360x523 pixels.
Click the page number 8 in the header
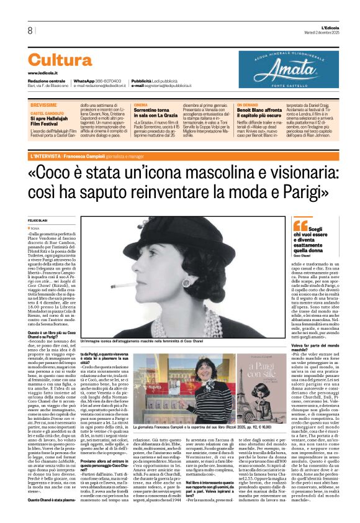[x=29, y=30]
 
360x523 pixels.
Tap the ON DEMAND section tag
[x=246, y=105]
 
